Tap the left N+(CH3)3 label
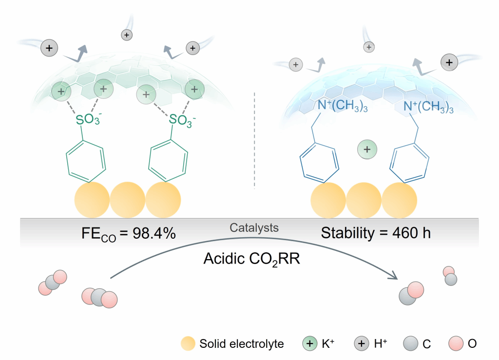tap(343, 106)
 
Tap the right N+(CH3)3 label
tap(428, 107)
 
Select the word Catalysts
tap(254, 227)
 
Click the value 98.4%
tap(154, 233)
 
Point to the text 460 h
tap(411, 233)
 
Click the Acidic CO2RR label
tap(252, 259)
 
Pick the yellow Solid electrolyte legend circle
tap(188, 343)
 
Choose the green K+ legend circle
tap(309, 343)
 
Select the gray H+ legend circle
tap(361, 343)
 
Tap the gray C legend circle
tap(410, 343)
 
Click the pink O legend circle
tap(456, 343)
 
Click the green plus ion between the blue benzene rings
tap(367, 149)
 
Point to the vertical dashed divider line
tap(254, 141)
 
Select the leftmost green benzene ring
tap(86, 161)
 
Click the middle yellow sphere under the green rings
tap(128, 200)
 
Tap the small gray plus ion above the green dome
tap(127, 35)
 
